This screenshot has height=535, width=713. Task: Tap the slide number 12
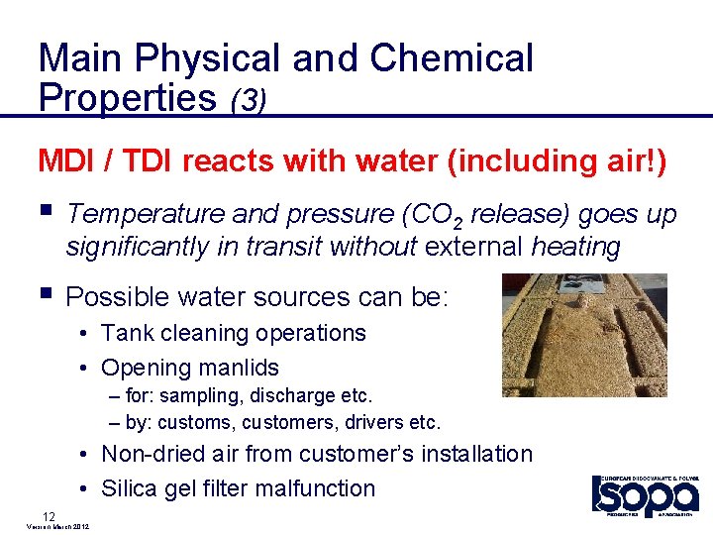[48, 515]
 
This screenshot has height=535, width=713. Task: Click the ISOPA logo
[646, 494]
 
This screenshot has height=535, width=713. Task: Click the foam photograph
[583, 335]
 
